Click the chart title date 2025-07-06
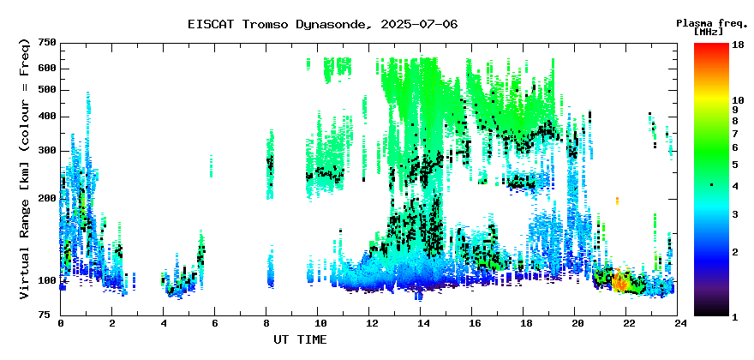pos(419,24)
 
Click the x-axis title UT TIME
pos(300,339)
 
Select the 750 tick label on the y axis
pos(48,43)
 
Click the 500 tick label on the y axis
pos(48,90)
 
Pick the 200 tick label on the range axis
pos(48,199)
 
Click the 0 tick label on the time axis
pos(61,324)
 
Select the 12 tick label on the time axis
pos(368,324)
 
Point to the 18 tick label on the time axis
pos(524,324)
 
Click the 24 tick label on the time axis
pos(678,324)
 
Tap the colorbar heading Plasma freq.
pos(712,23)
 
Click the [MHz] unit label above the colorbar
pos(709,32)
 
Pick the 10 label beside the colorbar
pos(738,100)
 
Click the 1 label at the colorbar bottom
pos(735,318)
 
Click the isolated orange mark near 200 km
pos(617,201)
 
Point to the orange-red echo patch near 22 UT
pos(619,281)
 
